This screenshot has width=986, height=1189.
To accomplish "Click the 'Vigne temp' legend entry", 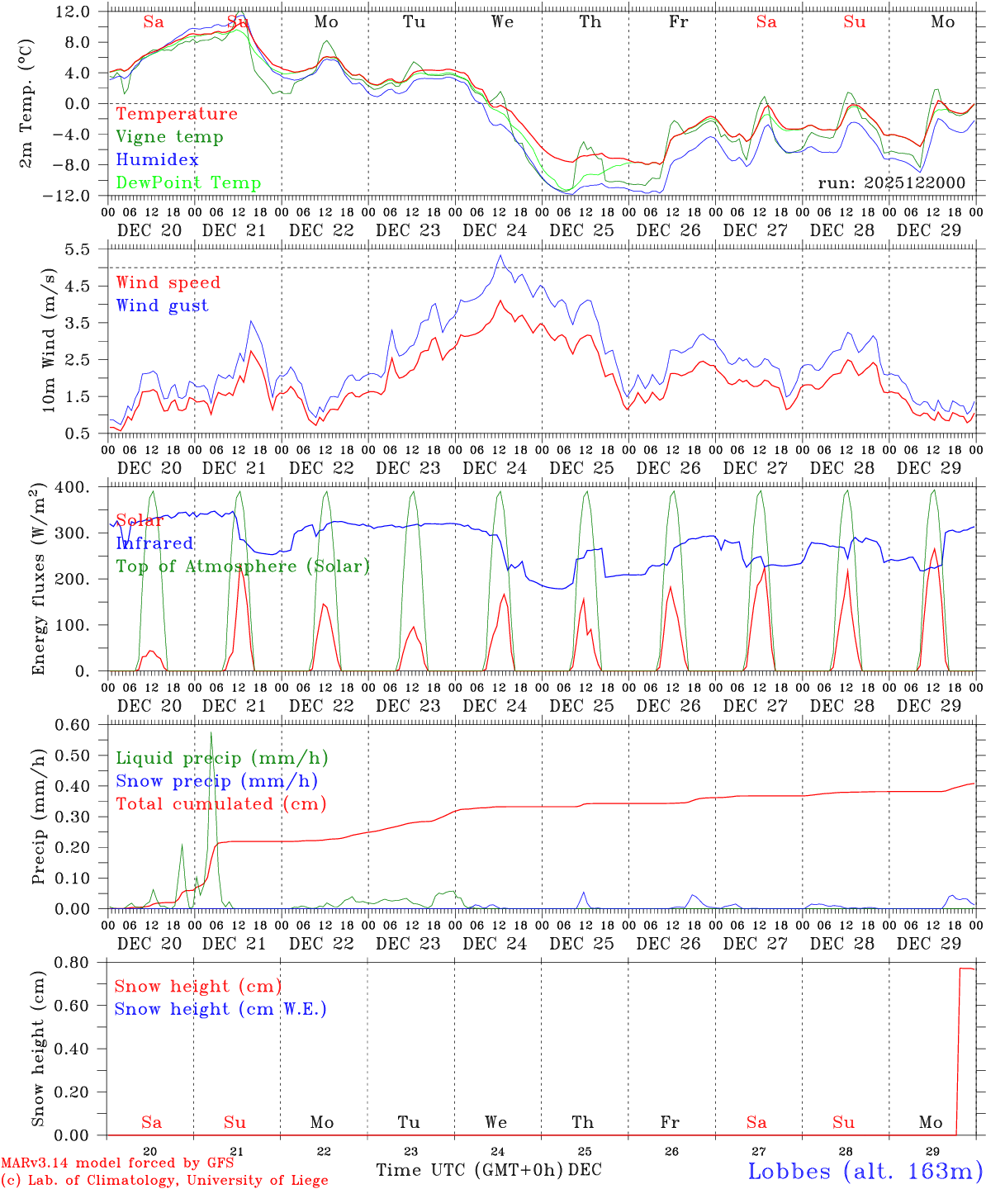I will point(169,137).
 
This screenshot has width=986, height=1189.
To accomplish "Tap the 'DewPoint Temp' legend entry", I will point(188,183).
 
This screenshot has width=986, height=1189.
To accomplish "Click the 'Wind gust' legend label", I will point(162,306).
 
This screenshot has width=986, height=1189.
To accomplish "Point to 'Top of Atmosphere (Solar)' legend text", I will point(243,566).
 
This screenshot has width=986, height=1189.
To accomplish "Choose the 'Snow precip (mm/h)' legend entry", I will point(216,781).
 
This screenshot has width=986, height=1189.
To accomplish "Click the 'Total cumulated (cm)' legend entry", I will point(220,804).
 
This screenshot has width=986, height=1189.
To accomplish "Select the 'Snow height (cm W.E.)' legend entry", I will point(220,1009).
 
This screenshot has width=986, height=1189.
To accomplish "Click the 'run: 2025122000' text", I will point(891,182).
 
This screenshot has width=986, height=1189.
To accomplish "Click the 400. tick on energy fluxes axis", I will point(73,487).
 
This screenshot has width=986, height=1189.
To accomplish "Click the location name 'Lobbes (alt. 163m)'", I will point(865,1171).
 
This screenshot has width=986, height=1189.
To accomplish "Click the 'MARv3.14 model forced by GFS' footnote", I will point(117,1163).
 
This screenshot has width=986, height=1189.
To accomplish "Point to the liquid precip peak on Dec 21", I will point(211,732).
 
